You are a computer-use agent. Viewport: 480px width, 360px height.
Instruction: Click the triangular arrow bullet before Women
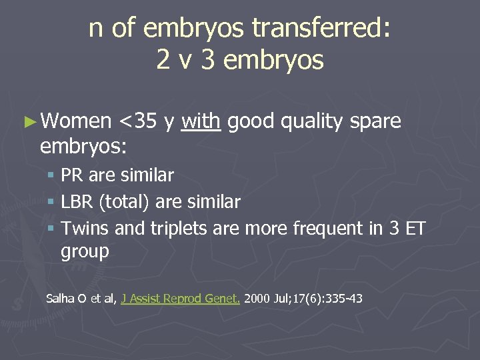pyautogui.click(x=27, y=121)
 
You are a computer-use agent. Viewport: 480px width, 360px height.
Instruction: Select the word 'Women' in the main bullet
pyautogui.click(x=75, y=121)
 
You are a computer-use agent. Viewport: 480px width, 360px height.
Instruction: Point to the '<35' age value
pyautogui.click(x=138, y=121)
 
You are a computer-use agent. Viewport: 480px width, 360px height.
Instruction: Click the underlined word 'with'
pyautogui.click(x=201, y=121)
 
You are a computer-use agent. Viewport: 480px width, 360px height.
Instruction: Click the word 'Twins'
pyautogui.click(x=85, y=229)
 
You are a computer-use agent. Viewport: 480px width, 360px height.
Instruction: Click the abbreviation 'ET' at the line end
pyautogui.click(x=415, y=229)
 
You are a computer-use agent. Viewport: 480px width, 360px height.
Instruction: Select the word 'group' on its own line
pyautogui.click(x=85, y=252)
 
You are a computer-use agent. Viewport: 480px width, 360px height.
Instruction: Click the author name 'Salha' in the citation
pyautogui.click(x=60, y=298)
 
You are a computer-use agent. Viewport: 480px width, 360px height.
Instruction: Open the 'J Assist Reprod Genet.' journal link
pyautogui.click(x=181, y=299)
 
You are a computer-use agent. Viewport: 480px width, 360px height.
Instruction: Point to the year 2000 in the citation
pyautogui.click(x=257, y=298)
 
